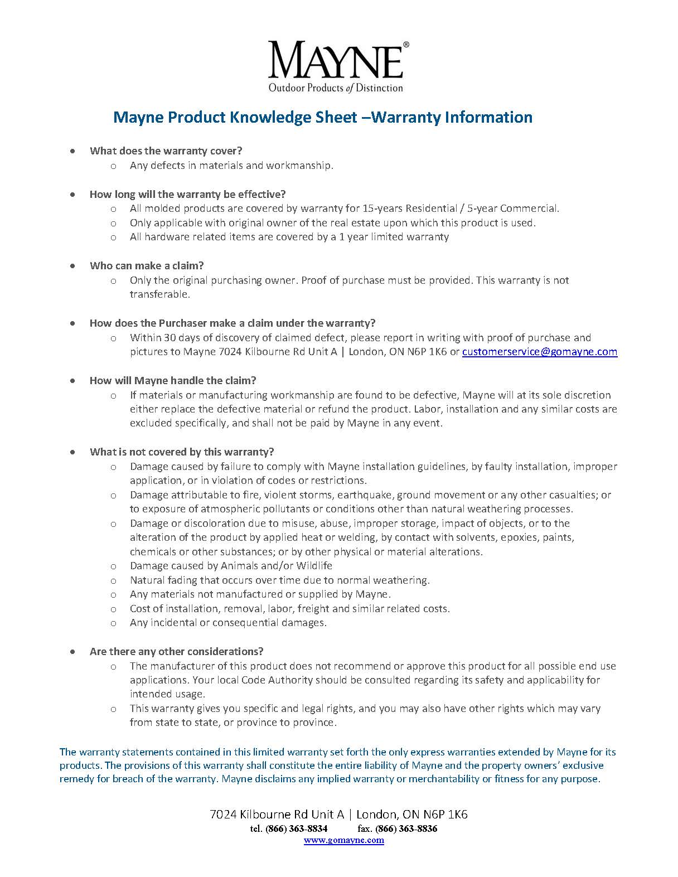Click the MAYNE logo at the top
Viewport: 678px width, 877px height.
pyautogui.click(x=336, y=60)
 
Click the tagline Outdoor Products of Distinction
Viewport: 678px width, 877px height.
pyautogui.click(x=336, y=88)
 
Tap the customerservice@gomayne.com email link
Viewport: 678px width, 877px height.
pyautogui.click(x=539, y=352)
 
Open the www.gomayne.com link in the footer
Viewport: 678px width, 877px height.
pyautogui.click(x=343, y=840)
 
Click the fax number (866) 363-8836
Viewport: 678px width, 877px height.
pyautogui.click(x=406, y=828)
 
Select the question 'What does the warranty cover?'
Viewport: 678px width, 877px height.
pyautogui.click(x=166, y=151)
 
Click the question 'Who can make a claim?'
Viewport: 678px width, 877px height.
pyautogui.click(x=147, y=266)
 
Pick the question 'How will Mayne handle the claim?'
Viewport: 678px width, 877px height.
pyautogui.click(x=173, y=381)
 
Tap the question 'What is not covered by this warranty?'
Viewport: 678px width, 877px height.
pyautogui.click(x=182, y=452)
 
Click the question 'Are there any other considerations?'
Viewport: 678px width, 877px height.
pyautogui.click(x=176, y=652)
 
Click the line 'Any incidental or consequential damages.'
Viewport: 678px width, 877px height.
pyautogui.click(x=228, y=623)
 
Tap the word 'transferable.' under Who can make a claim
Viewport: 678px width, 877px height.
pyautogui.click(x=159, y=294)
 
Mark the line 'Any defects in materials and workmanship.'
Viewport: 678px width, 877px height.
pyautogui.click(x=231, y=166)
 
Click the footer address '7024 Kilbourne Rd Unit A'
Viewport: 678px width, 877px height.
pyautogui.click(x=278, y=815)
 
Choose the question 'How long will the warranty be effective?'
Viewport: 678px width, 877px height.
pyautogui.click(x=187, y=195)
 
